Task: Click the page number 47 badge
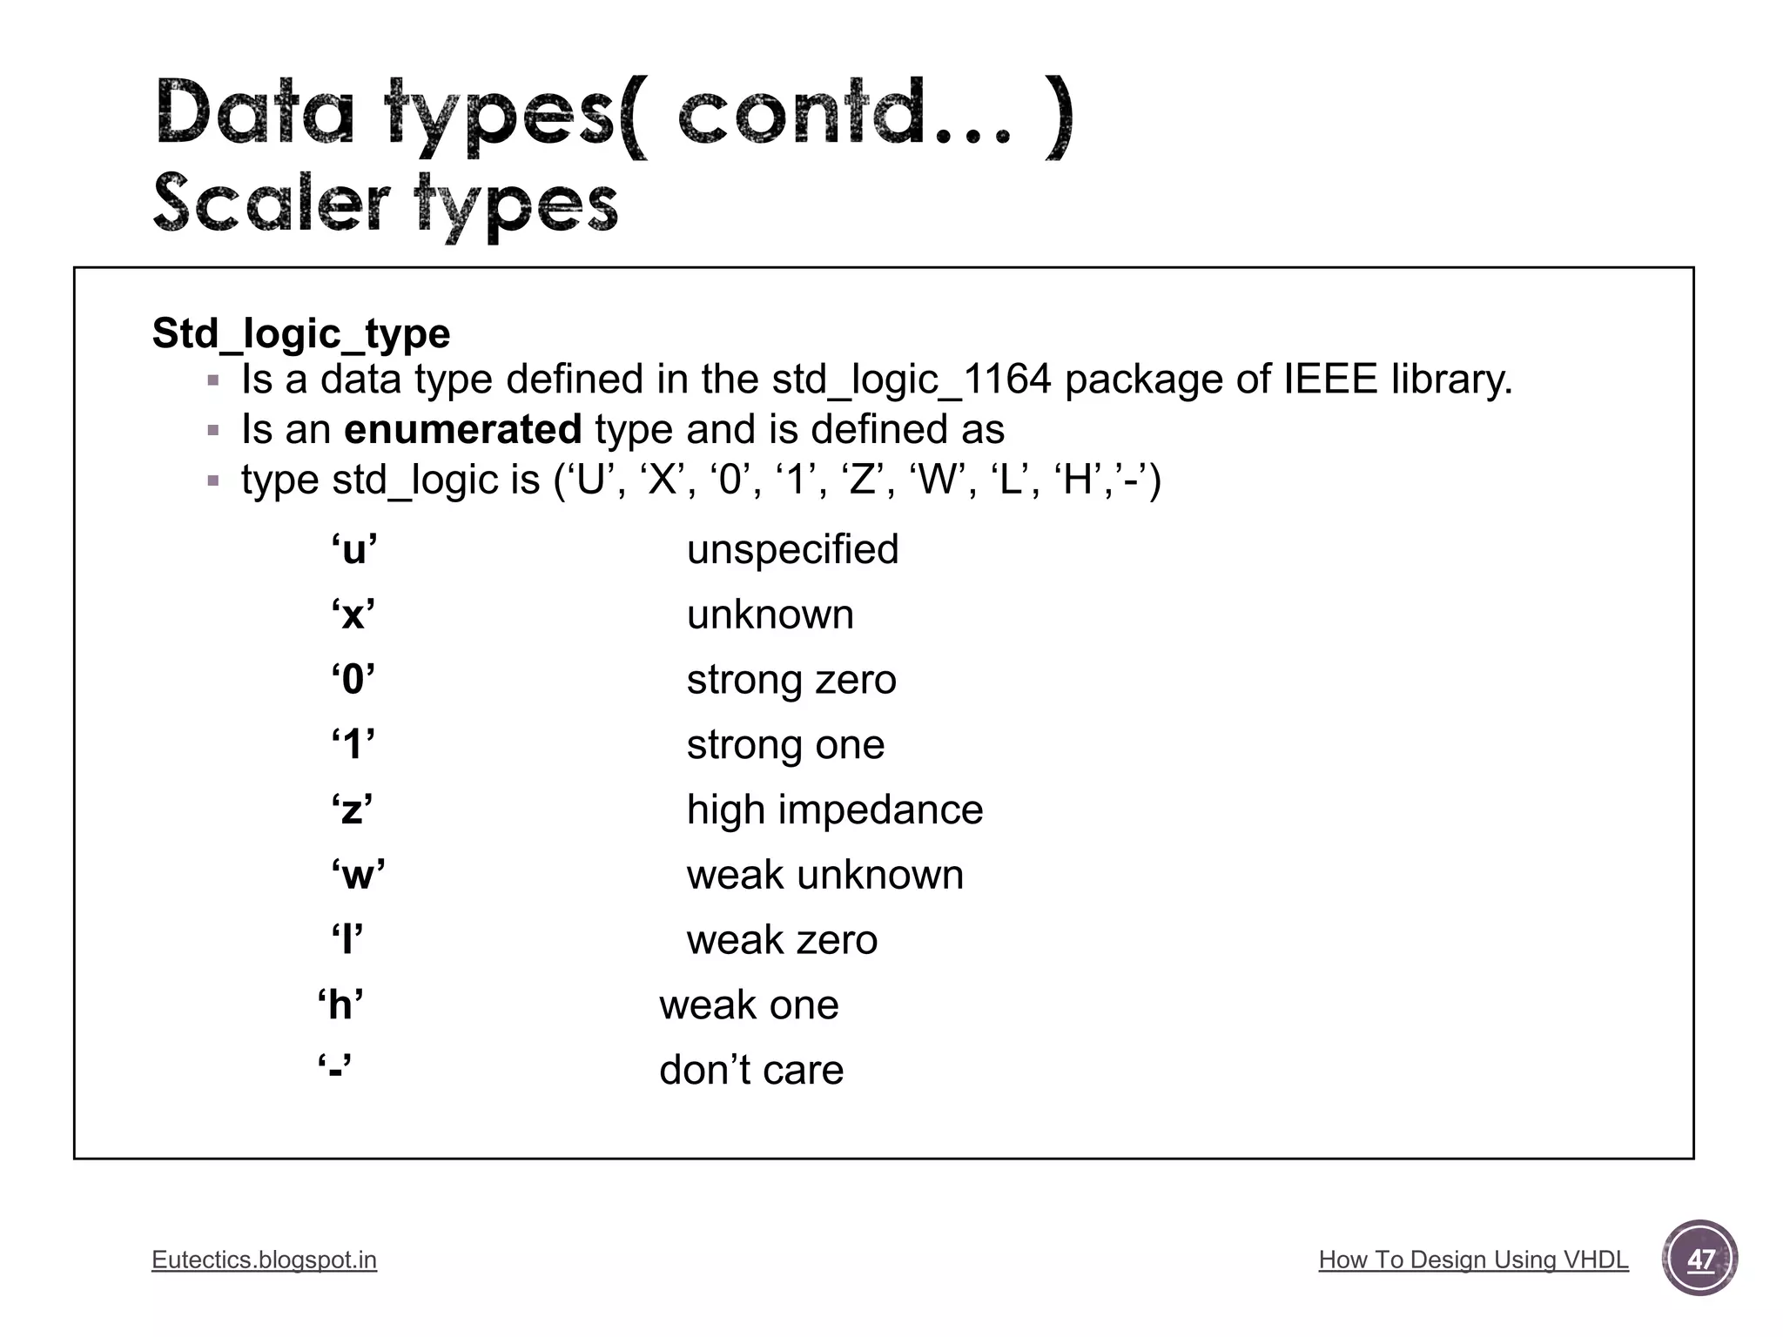(x=1699, y=1259)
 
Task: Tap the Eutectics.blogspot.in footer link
(x=264, y=1260)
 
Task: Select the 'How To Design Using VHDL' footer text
(x=1473, y=1260)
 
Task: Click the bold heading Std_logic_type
(x=301, y=333)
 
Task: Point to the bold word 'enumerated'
(x=462, y=429)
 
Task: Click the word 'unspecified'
(x=792, y=549)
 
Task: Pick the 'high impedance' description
(x=834, y=810)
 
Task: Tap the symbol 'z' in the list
(x=353, y=810)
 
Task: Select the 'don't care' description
(x=751, y=1070)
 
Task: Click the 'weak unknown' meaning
(x=824, y=875)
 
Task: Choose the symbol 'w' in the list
(x=358, y=875)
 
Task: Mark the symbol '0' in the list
(x=353, y=680)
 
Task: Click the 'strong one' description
(x=785, y=745)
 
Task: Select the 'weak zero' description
(x=782, y=940)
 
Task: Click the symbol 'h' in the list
(x=340, y=1005)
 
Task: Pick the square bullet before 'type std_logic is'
(x=213, y=480)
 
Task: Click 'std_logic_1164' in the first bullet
(x=912, y=380)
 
